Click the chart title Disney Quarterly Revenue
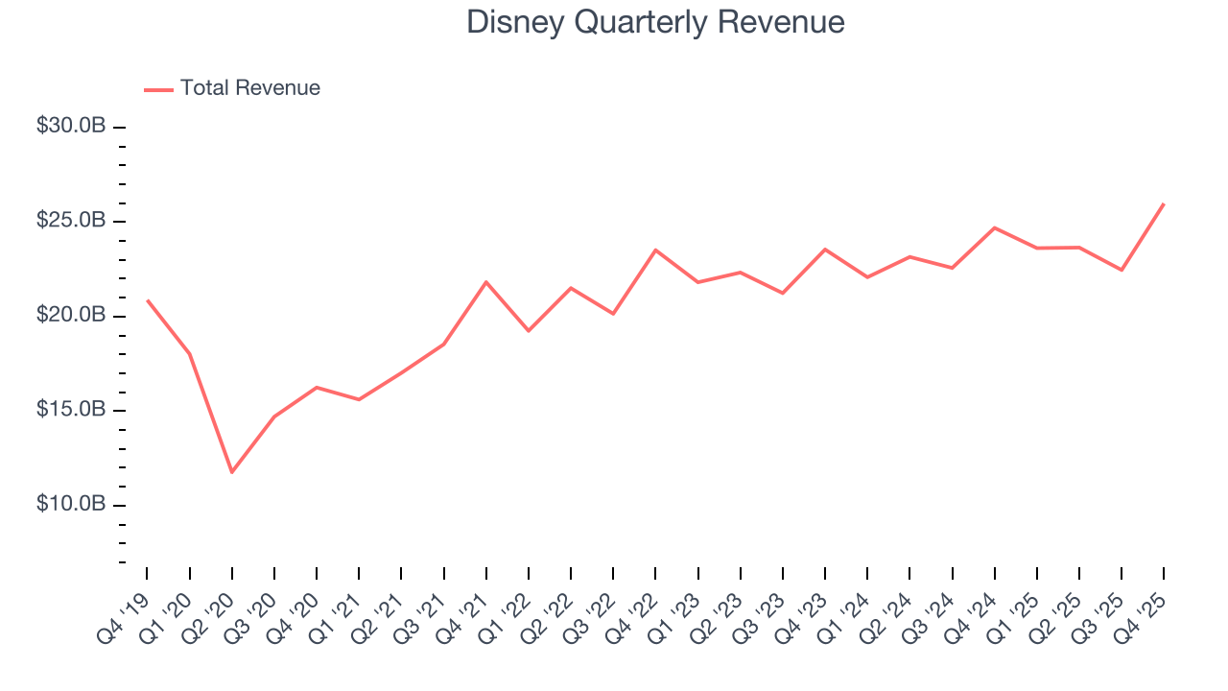[x=655, y=22]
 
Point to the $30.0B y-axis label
[x=71, y=127]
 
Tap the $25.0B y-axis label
[x=71, y=221]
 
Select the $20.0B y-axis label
[x=71, y=316]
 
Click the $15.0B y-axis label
[x=71, y=410]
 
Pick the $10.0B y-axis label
[x=71, y=504]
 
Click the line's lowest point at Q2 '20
[x=231, y=472]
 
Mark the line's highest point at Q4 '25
[x=1164, y=203]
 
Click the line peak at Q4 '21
[x=486, y=282]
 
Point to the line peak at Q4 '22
[x=655, y=250]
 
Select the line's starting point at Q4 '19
[x=147, y=300]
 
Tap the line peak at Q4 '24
[x=995, y=227]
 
